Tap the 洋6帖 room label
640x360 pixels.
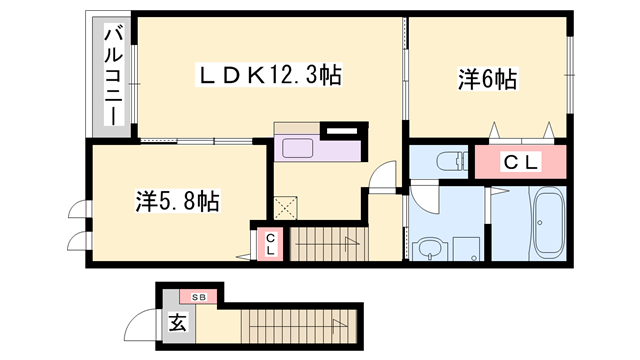(x=487, y=79)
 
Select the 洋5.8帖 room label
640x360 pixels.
(x=178, y=201)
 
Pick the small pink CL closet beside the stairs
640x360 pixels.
(x=271, y=244)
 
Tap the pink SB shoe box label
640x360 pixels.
(x=198, y=297)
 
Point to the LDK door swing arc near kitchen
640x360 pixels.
(x=382, y=178)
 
